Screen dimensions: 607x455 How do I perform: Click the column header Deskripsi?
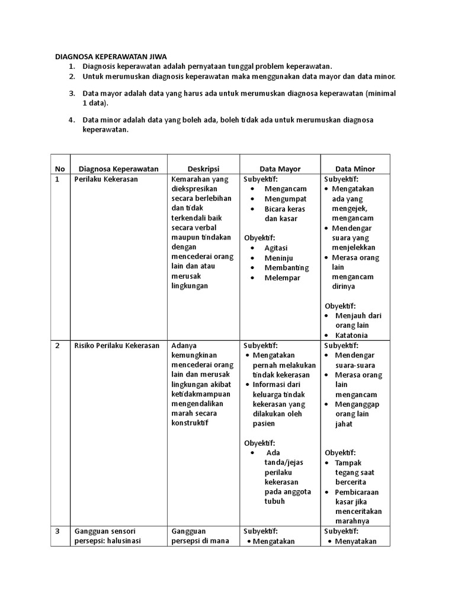coord(204,168)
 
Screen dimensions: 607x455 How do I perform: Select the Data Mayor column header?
coord(280,169)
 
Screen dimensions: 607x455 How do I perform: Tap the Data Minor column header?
coord(355,169)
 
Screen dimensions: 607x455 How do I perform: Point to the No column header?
coord(60,169)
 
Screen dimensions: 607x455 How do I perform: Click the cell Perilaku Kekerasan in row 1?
coord(102,179)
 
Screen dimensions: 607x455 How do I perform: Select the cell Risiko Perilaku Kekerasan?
coord(117,346)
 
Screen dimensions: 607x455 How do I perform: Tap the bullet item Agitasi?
coord(276,248)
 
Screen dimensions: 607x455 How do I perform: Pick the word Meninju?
coord(277,258)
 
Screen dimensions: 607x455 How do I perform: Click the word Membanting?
coord(287,268)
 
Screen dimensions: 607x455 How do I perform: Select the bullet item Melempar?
coord(282,277)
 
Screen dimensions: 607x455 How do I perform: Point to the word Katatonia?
coord(352,335)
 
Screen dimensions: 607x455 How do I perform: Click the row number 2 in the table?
coord(57,346)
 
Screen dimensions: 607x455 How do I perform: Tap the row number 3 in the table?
coord(57,531)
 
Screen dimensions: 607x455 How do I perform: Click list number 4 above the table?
coord(71,119)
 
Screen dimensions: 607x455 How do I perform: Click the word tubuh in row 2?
coord(275,501)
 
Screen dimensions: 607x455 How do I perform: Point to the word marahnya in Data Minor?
coord(352,521)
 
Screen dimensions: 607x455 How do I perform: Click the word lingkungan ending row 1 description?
coord(189,286)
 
